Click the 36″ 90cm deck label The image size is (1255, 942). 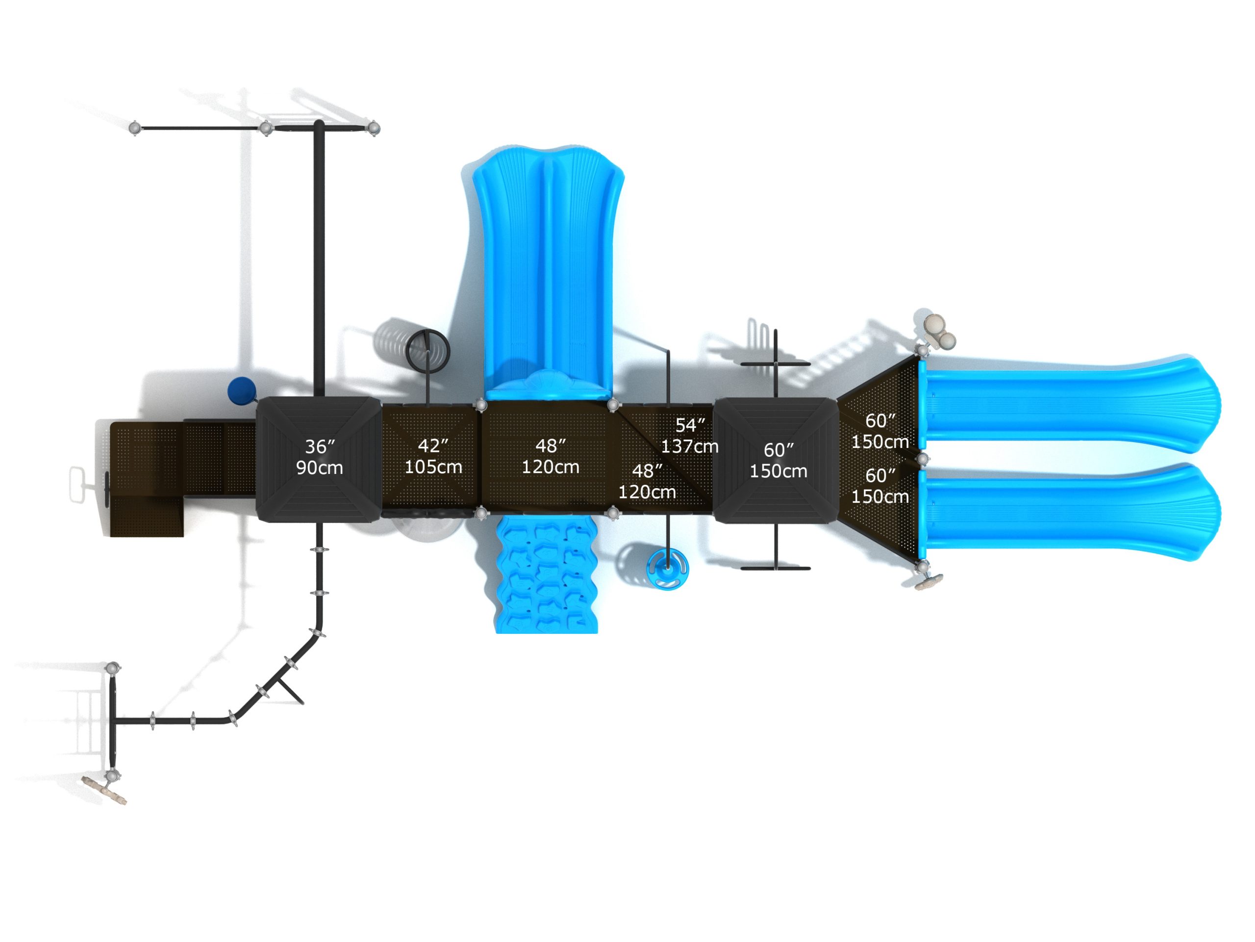(x=320, y=457)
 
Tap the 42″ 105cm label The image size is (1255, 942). (x=433, y=456)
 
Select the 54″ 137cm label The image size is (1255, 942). (x=689, y=436)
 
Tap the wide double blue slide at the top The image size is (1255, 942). (x=548, y=267)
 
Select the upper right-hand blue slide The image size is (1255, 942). (x=1067, y=405)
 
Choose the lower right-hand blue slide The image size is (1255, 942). (x=1067, y=512)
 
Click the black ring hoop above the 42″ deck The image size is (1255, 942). (x=427, y=350)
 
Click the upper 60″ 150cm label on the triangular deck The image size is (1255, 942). (x=879, y=431)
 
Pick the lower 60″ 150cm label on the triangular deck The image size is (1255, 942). (x=879, y=486)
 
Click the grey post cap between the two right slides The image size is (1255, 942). (x=923, y=458)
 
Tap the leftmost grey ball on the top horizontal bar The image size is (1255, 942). (x=135, y=129)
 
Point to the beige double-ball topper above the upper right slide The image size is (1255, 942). (x=939, y=331)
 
